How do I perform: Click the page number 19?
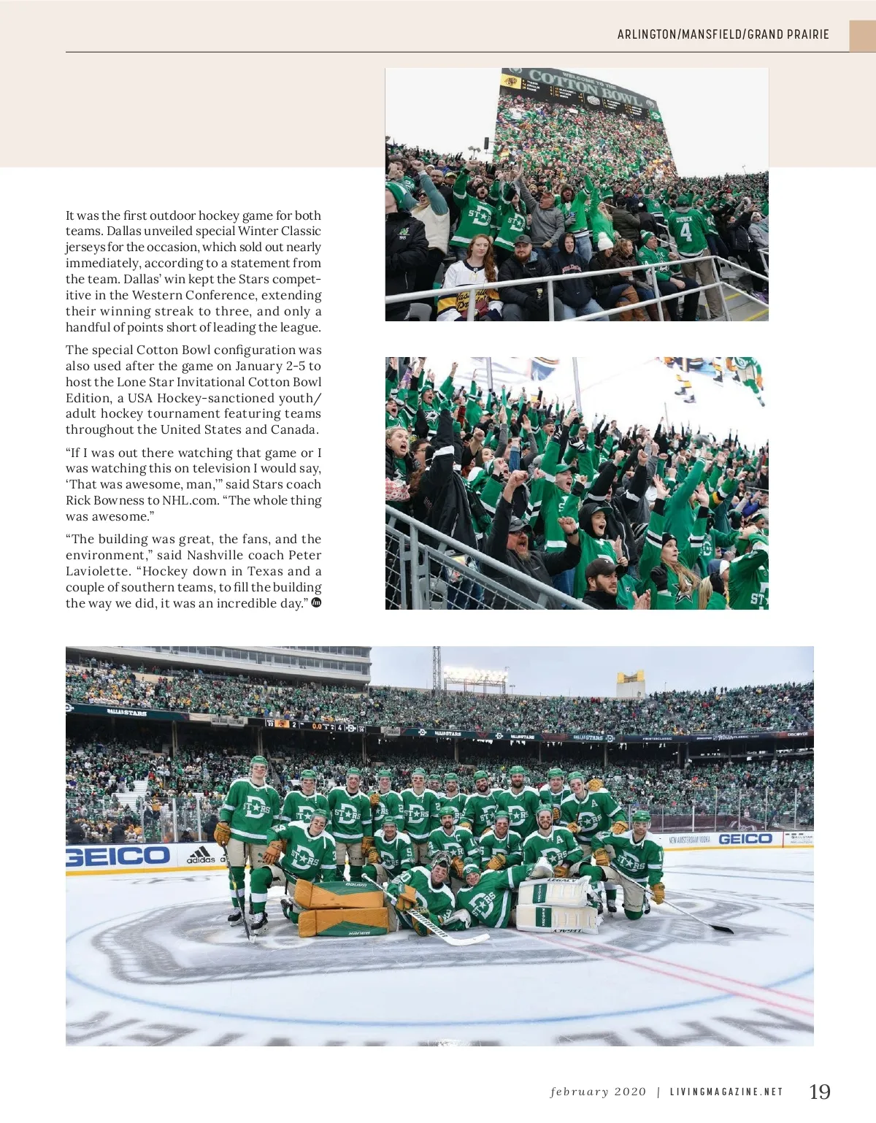click(819, 1092)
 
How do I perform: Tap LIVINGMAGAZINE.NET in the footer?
click(726, 1092)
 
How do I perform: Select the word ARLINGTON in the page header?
click(647, 34)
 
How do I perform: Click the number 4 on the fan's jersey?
click(685, 231)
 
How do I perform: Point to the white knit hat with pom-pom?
click(605, 240)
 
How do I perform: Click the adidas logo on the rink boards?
click(200, 855)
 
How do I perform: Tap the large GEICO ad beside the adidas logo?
click(118, 856)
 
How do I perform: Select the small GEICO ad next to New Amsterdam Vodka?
click(745, 839)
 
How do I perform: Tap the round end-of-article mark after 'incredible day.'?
click(316, 602)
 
